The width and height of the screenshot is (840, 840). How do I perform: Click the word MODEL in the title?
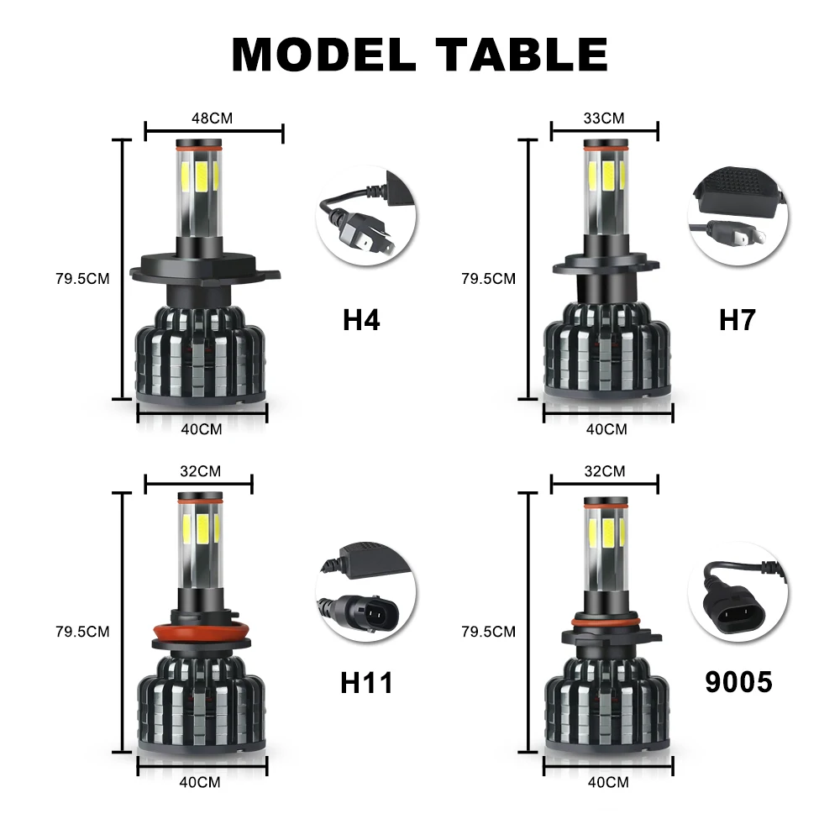pos(323,54)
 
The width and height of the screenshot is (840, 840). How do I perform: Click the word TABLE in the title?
pos(522,54)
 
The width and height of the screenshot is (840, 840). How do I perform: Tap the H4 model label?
pos(361,320)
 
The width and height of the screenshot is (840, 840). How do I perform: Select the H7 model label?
pos(738,320)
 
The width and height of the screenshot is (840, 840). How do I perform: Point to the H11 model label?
pos(366,682)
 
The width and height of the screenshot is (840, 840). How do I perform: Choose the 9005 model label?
pos(738,682)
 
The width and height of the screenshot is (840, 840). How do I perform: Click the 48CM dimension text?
pos(212,118)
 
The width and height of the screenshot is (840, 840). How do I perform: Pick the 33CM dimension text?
pos(604,118)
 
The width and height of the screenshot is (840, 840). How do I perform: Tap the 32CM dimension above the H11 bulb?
pos(200,471)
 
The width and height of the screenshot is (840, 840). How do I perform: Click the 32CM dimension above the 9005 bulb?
pos(605,471)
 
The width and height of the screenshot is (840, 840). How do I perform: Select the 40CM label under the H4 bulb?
pos(202,429)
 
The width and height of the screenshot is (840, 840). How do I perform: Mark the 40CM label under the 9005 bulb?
pos(606,782)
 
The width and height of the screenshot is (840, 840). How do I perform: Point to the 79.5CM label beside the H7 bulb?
pos(488,279)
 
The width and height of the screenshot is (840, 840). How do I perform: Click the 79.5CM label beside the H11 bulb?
pos(82,631)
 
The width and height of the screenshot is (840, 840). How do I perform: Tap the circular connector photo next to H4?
pos(365,217)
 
